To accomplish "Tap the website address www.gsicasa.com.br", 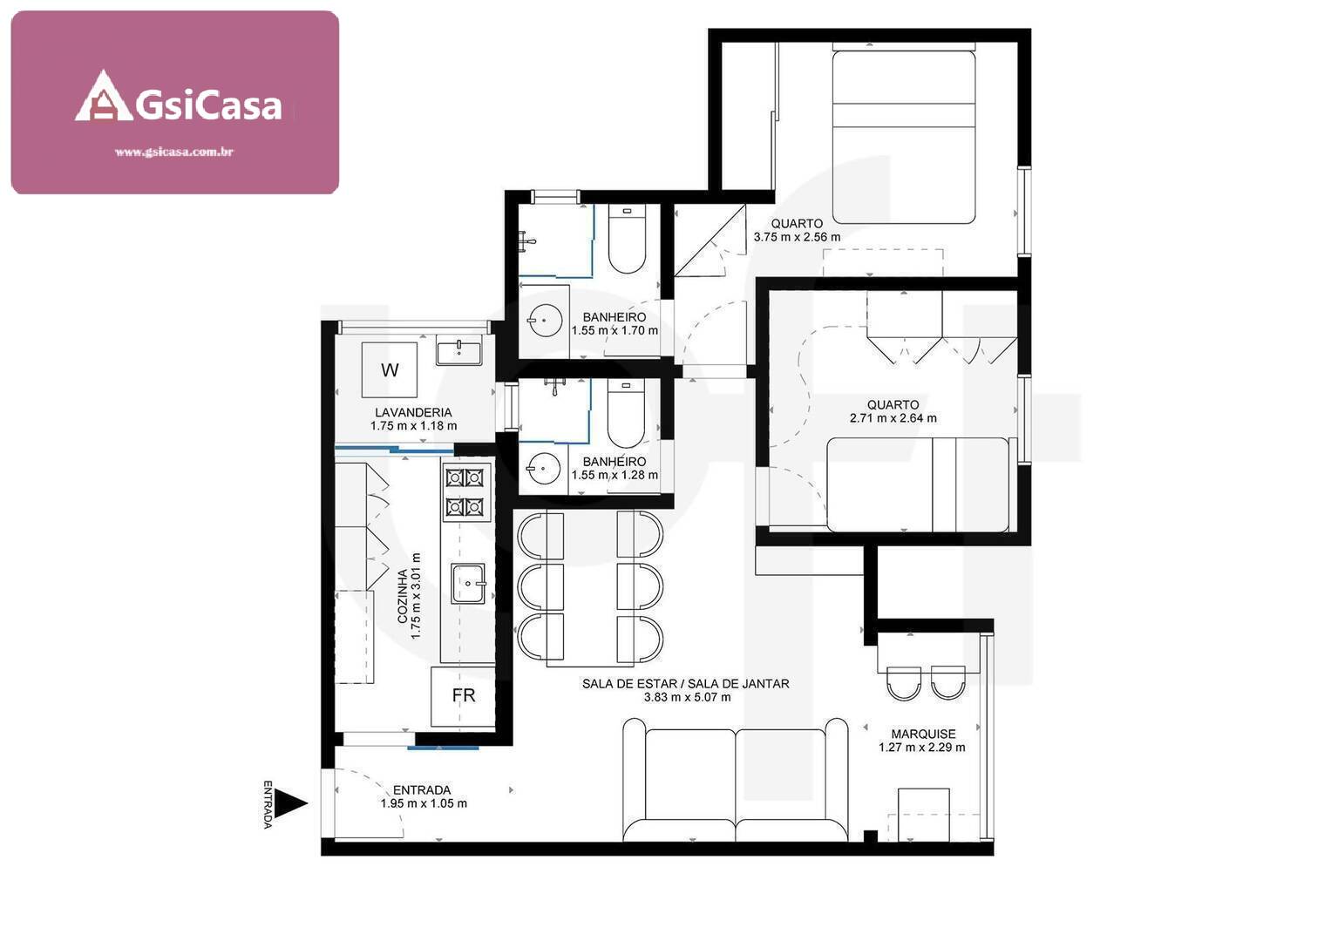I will [173, 152].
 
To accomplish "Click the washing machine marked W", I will [390, 370].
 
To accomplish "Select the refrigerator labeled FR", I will [463, 695].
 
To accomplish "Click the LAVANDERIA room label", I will [413, 412].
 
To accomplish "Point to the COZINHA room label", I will [402, 596].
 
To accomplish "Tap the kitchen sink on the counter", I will [468, 583].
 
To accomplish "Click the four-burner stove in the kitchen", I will [465, 491].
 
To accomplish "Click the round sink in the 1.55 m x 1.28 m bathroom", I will [544, 470].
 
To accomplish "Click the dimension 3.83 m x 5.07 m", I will [687, 697].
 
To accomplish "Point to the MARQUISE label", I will [923, 734].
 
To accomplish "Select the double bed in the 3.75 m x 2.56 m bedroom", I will [903, 137].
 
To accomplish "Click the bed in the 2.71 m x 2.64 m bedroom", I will [917, 484].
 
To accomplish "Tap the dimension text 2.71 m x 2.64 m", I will [893, 418].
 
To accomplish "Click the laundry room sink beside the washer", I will [458, 352].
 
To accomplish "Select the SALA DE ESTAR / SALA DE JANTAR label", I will [685, 684].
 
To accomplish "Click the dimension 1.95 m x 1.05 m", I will [423, 803].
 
